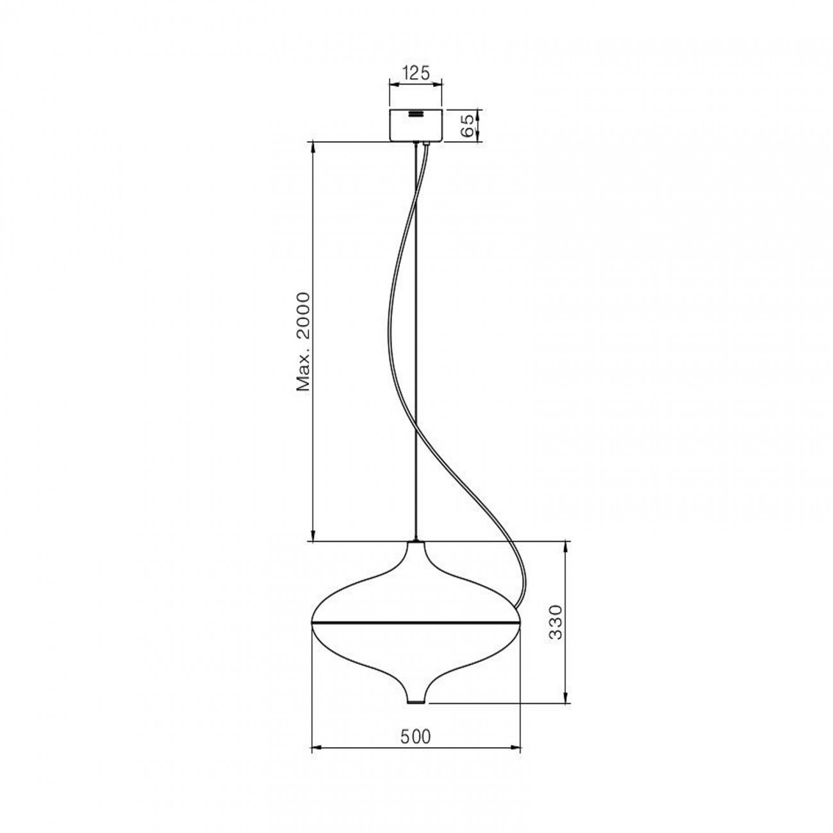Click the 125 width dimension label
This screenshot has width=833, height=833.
tap(416, 73)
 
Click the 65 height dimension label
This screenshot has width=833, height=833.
tap(467, 124)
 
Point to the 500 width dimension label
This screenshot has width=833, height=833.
tap(416, 737)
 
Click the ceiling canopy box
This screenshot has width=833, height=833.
tap(416, 128)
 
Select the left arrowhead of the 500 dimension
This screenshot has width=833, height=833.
tap(314, 747)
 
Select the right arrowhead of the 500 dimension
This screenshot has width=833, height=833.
tap(517, 747)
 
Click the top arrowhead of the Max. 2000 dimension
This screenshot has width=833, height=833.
tap(313, 146)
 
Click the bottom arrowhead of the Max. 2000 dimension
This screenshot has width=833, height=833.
tap(313, 538)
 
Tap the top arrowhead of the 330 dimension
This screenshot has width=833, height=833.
tap(565, 546)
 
